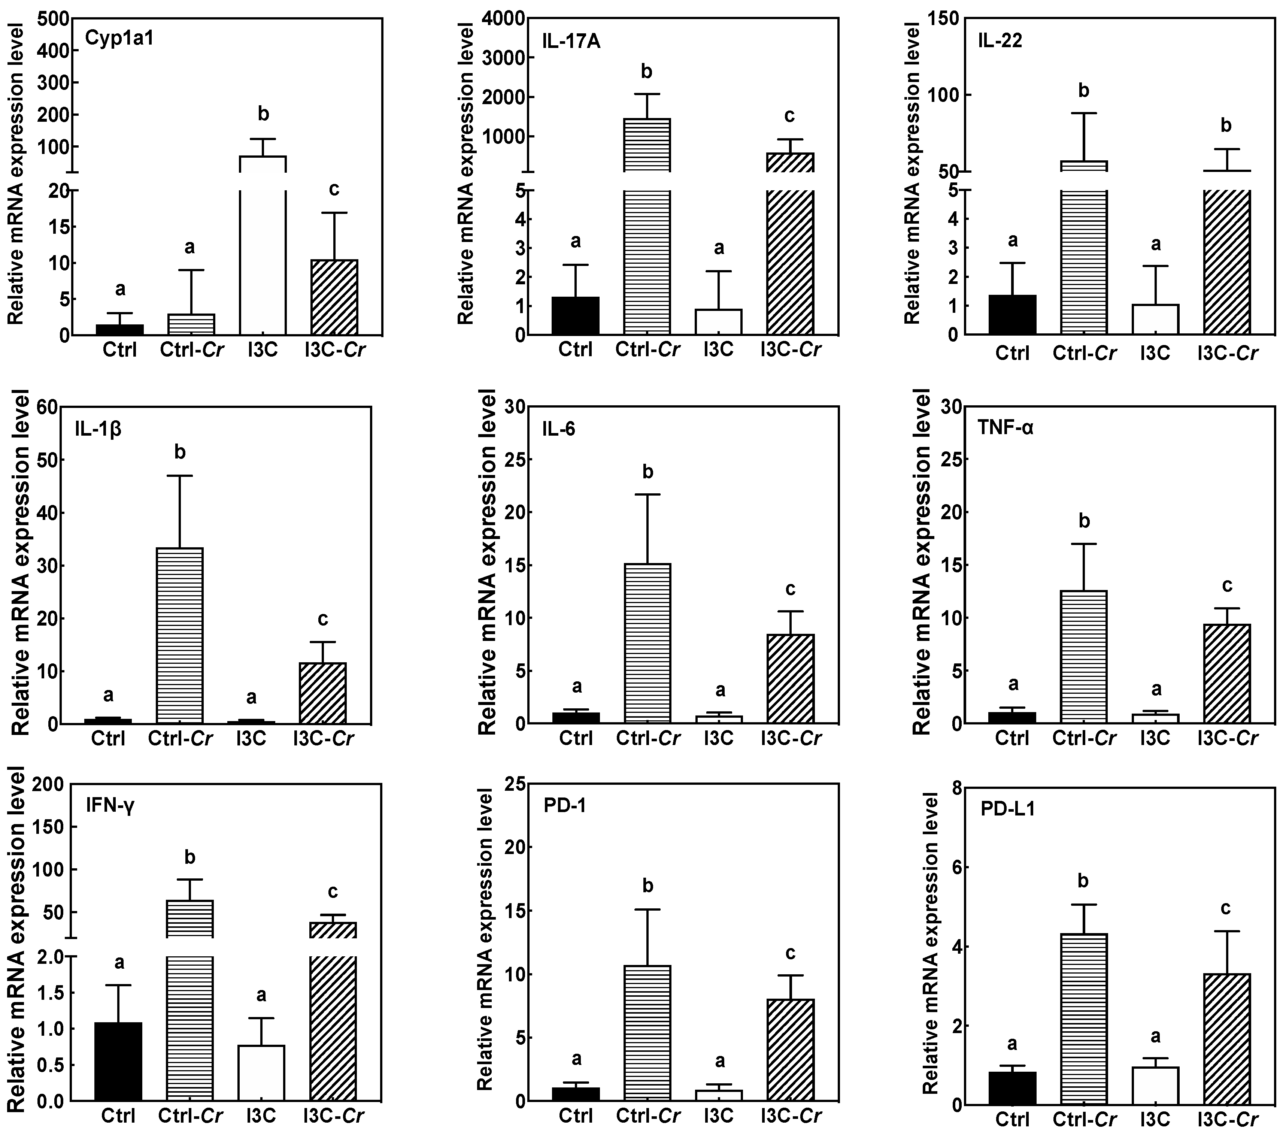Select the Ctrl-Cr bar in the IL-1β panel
tap(179, 636)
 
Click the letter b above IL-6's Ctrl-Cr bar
tap(647, 472)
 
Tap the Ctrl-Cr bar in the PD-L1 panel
tap(1083, 1019)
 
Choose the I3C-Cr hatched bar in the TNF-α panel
tap(1226, 673)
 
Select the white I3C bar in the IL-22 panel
tap(1155, 319)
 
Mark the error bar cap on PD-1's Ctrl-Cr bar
tap(647, 909)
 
